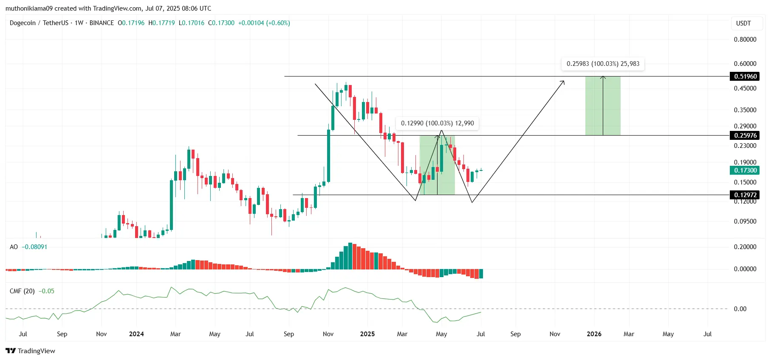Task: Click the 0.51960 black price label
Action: click(746, 77)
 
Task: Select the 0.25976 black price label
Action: click(746, 136)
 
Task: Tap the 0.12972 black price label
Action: click(746, 195)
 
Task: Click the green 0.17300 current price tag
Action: click(746, 170)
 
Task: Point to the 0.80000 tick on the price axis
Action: click(745, 40)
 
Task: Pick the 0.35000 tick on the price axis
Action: click(745, 110)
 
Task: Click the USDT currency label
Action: click(743, 23)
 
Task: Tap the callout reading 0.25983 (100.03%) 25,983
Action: click(603, 64)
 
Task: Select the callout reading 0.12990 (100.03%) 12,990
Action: click(437, 123)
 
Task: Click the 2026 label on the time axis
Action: click(594, 334)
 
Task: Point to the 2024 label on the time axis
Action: click(136, 334)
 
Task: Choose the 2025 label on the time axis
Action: click(367, 334)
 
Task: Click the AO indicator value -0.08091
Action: click(34, 247)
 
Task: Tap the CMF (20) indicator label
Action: click(22, 291)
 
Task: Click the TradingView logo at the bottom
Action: click(31, 351)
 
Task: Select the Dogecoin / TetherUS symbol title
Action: click(39, 23)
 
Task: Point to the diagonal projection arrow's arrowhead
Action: click(563, 82)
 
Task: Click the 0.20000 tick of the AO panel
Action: click(745, 247)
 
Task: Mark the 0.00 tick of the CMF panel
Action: click(740, 309)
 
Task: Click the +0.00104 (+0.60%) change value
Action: click(264, 23)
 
